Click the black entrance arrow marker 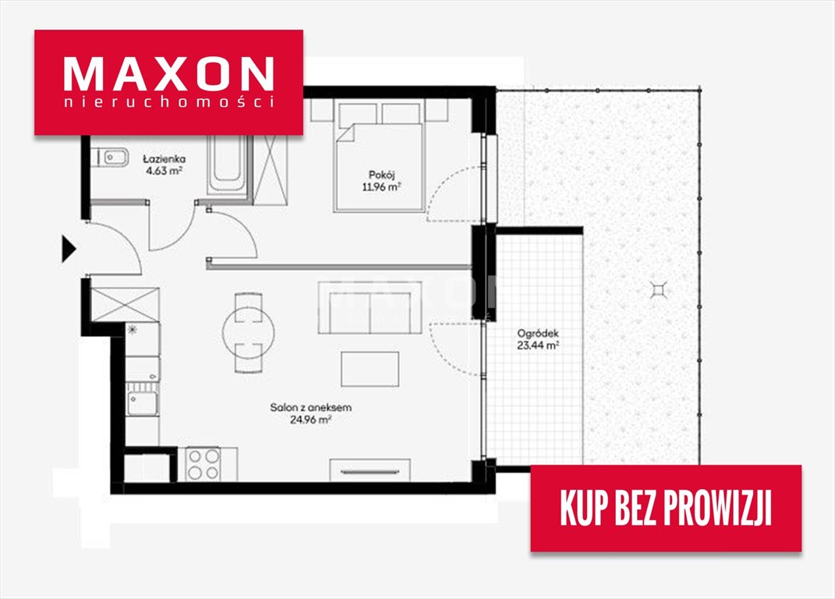[x=68, y=249]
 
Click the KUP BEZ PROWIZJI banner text [x=666, y=508]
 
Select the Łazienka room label [x=164, y=159]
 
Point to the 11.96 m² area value [x=381, y=187]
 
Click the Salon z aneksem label [x=310, y=408]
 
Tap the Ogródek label [x=538, y=334]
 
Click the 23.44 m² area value [x=538, y=346]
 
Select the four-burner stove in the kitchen [x=204, y=464]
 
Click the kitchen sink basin [x=142, y=403]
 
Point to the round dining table [x=248, y=332]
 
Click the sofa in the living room [x=370, y=308]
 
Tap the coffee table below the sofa [x=370, y=369]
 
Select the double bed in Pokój [x=380, y=158]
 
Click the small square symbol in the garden [x=659, y=290]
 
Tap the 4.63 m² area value [x=164, y=171]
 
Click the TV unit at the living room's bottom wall [x=370, y=470]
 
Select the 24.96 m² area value [x=310, y=420]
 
